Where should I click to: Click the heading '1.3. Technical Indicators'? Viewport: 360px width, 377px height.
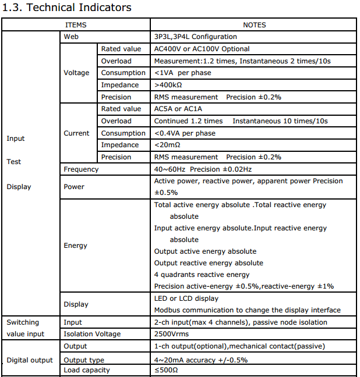(68, 8)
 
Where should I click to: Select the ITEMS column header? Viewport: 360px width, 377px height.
(76, 25)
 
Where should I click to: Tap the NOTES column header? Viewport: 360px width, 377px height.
(254, 25)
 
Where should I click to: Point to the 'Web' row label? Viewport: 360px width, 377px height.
(71, 37)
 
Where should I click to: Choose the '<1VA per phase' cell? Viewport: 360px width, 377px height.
(182, 73)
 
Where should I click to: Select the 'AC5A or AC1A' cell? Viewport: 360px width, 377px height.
(178, 109)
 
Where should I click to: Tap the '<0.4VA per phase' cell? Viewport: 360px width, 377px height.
(185, 133)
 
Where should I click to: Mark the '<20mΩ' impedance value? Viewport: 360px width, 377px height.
(167, 145)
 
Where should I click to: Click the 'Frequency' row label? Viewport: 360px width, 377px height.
(81, 169)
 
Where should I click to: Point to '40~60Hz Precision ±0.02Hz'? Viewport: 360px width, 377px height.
(203, 169)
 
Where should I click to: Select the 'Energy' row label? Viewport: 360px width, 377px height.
(76, 246)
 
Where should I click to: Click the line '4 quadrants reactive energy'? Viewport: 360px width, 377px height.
(202, 275)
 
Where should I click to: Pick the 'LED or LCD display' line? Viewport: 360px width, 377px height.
(186, 298)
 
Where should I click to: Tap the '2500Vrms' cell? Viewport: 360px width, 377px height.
(171, 334)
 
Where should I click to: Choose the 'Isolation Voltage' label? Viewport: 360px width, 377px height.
(92, 334)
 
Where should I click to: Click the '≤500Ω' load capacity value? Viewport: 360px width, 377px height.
(167, 370)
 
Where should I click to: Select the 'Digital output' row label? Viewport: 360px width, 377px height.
(30, 360)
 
